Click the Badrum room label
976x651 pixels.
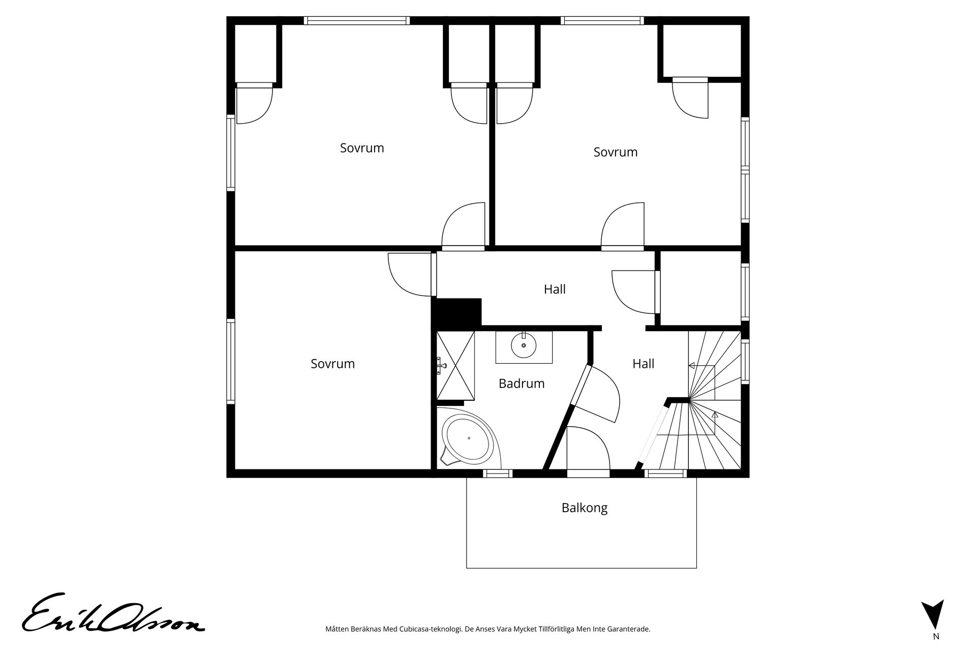pyautogui.click(x=522, y=383)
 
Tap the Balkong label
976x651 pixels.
pyautogui.click(x=585, y=508)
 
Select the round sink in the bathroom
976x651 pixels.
pyautogui.click(x=524, y=346)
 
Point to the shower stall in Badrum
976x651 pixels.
pyautogui.click(x=455, y=366)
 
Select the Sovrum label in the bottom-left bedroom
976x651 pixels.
pyautogui.click(x=332, y=364)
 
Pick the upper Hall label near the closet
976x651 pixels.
pyautogui.click(x=555, y=289)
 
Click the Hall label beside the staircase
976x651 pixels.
pyautogui.click(x=643, y=364)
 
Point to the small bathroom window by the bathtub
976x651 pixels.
pyautogui.click(x=497, y=474)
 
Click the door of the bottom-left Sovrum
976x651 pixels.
pyautogui.click(x=412, y=275)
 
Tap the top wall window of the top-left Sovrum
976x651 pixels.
pyautogui.click(x=357, y=21)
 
